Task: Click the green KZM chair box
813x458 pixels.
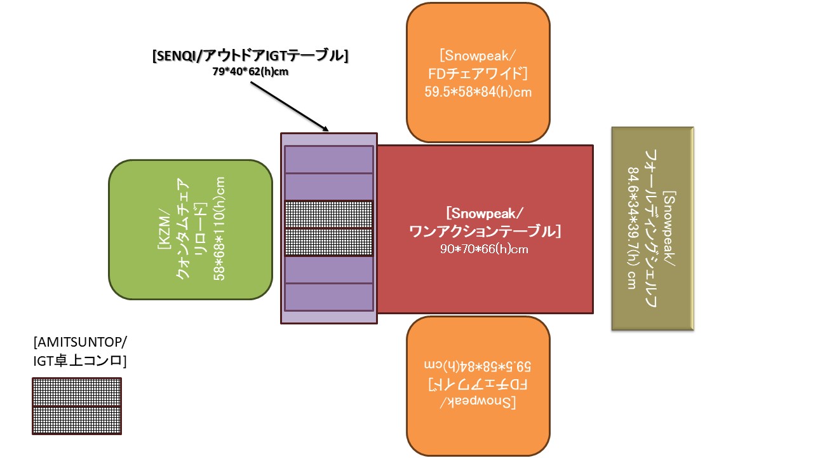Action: [x=191, y=229]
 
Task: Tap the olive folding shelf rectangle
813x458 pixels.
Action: [x=652, y=229]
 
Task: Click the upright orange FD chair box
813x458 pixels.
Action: [x=478, y=72]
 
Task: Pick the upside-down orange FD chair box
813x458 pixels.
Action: [x=478, y=384]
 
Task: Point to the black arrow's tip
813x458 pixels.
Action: [x=328, y=131]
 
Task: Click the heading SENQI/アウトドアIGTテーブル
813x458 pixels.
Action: [x=250, y=56]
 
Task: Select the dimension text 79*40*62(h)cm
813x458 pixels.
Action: [x=250, y=72]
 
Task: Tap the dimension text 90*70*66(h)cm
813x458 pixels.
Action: [x=485, y=249]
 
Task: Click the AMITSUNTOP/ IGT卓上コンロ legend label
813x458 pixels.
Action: [x=80, y=352]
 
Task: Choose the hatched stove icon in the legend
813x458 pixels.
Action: [x=76, y=406]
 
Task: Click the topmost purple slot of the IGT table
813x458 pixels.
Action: [x=328, y=159]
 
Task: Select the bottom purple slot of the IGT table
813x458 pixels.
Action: [x=328, y=297]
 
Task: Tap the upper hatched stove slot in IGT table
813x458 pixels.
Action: [x=328, y=214]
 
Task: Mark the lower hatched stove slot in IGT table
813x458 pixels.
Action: [x=328, y=242]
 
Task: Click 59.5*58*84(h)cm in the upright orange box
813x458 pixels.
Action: [x=478, y=92]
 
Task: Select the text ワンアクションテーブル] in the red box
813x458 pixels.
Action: [x=485, y=230]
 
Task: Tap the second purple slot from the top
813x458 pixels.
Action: [x=328, y=186]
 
